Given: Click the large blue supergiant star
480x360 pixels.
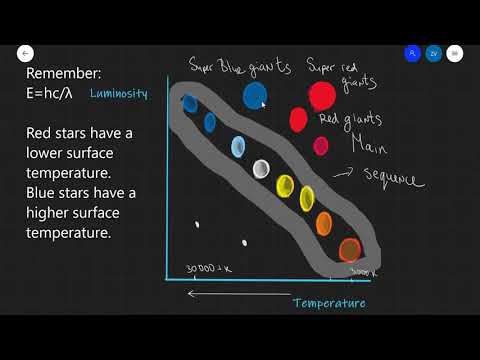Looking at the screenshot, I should (255, 95).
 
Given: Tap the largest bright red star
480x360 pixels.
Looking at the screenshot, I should (322, 96).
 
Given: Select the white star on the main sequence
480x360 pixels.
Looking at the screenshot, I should (262, 168).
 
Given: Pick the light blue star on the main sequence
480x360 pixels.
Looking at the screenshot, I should (239, 147).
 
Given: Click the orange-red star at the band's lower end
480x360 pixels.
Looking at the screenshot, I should (349, 249).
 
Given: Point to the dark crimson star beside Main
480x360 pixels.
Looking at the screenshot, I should (321, 146).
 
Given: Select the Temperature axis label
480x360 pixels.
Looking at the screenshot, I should (329, 303).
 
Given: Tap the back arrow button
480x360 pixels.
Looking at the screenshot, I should (25, 53).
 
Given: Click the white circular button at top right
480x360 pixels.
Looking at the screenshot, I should (455, 53).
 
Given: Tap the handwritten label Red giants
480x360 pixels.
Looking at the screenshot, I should (349, 120).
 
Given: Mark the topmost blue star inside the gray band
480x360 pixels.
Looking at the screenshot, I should (189, 102).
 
